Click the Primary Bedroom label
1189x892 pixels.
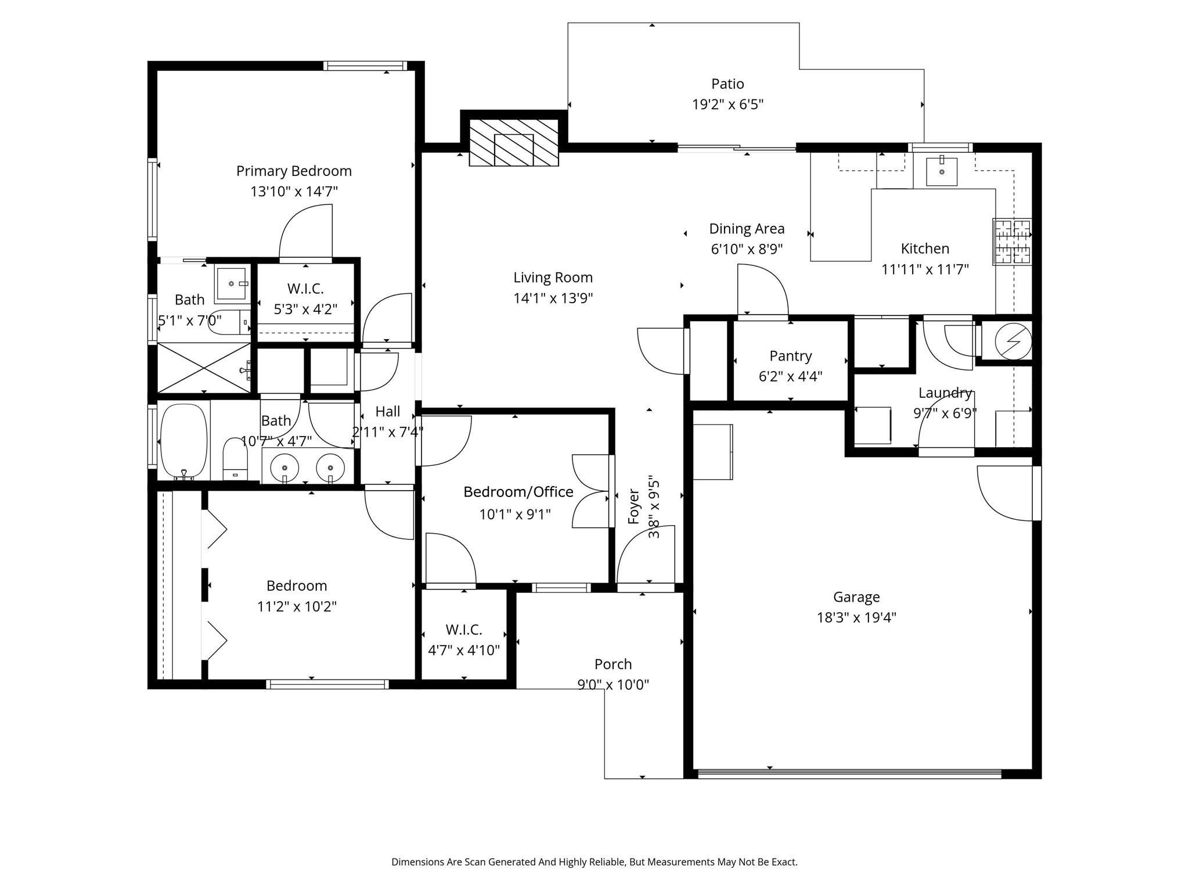coord(294,171)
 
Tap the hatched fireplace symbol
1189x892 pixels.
coord(514,143)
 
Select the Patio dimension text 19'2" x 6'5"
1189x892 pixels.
coord(727,105)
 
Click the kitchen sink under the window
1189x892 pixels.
coord(941,171)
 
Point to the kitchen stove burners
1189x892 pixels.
coord(1012,242)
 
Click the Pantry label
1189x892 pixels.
coord(790,356)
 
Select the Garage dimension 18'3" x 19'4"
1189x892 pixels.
coord(856,617)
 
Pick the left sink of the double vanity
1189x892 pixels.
coord(285,467)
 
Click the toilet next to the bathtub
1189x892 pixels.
coord(235,459)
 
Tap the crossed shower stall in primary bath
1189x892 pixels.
coord(204,368)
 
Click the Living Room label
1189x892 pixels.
coord(553,278)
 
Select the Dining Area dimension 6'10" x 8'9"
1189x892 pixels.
coord(747,249)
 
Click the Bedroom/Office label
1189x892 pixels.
coord(518,492)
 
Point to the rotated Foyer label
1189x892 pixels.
coord(634,506)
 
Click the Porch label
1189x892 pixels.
coord(612,664)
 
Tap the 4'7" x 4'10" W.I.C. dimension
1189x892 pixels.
coord(463,650)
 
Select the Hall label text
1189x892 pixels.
coord(387,412)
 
